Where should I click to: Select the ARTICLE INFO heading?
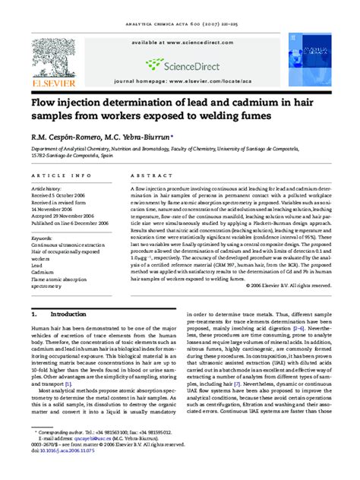(56, 175)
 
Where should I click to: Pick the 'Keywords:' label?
(42, 238)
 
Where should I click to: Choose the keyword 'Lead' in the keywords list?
(37, 265)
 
